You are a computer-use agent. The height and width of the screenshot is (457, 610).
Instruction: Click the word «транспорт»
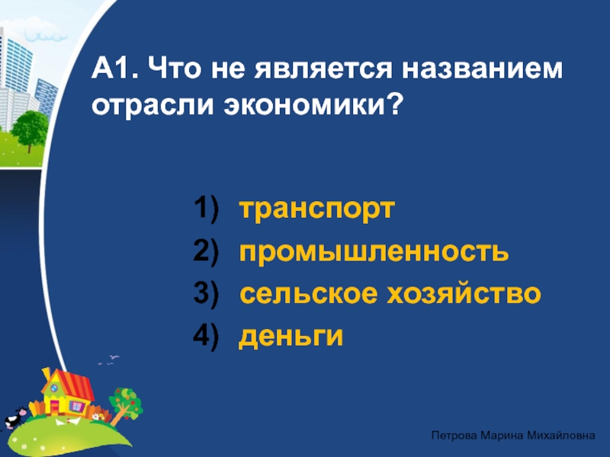tap(316, 210)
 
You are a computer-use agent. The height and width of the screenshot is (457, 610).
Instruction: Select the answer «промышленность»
tap(374, 252)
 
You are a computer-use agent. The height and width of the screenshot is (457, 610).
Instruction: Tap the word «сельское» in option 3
tap(309, 293)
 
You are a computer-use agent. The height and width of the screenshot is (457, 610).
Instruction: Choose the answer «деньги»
tap(291, 337)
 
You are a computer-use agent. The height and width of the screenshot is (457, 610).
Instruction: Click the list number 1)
tap(206, 209)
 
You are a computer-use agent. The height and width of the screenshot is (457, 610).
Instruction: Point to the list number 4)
tap(206, 337)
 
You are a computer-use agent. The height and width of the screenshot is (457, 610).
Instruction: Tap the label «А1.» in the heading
tap(114, 69)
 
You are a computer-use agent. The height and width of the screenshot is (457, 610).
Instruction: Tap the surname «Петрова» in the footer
tap(454, 436)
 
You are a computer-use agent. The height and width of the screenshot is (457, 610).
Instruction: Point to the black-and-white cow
tap(14, 417)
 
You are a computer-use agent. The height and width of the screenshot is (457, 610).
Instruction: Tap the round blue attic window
tap(54, 388)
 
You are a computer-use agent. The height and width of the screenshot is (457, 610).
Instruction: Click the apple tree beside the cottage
tap(125, 405)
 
